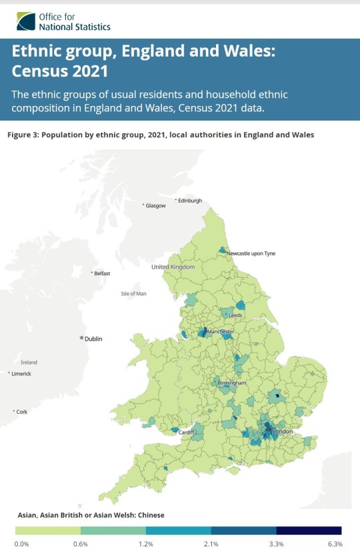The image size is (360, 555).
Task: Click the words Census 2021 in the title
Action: click(59, 69)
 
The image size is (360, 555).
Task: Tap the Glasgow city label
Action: click(155, 206)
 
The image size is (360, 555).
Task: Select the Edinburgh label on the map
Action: click(188, 201)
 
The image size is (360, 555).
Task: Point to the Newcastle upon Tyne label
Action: click(251, 254)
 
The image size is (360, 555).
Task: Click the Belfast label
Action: click(101, 273)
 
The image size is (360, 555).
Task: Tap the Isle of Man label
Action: click(133, 294)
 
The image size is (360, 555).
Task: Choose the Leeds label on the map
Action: click(235, 315)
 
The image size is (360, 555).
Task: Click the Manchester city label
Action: click(220, 332)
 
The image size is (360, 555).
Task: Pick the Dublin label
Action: click(93, 339)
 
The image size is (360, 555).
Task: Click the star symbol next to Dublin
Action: click(82, 339)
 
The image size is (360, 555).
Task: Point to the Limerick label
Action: click(21, 374)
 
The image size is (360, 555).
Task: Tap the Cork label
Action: click(22, 412)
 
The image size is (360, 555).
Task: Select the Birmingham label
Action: click(232, 384)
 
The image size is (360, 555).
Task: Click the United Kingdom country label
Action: click(173, 267)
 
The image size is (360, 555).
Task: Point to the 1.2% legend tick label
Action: click(145, 544)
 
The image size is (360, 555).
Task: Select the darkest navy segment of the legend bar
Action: click(309, 531)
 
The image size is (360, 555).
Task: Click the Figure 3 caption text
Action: click(160, 135)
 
